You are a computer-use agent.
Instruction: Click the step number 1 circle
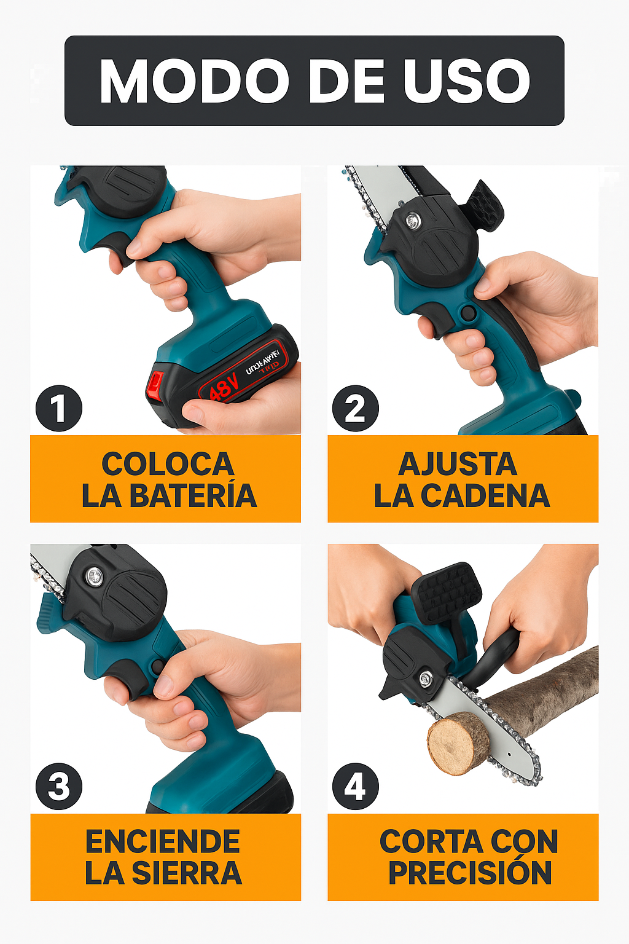(x=59, y=408)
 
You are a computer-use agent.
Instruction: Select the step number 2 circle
(x=356, y=408)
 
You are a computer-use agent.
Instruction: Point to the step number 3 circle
(x=59, y=786)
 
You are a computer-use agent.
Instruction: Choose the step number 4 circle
(x=356, y=786)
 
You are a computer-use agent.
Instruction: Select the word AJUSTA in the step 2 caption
(x=458, y=464)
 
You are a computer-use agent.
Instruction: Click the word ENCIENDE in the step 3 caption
(x=163, y=841)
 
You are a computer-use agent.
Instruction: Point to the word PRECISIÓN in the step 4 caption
(x=470, y=873)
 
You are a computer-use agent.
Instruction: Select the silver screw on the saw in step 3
(x=94, y=576)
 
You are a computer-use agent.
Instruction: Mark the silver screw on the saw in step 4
(x=425, y=678)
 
